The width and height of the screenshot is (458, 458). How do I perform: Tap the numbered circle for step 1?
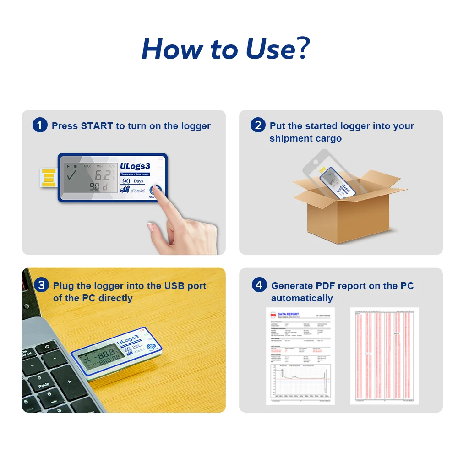[40, 125]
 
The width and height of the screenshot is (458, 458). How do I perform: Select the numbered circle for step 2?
[258, 125]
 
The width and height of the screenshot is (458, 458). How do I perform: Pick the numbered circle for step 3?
[41, 285]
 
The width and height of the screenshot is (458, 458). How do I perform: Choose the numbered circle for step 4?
[259, 285]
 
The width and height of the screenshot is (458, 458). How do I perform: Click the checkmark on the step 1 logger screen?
[72, 175]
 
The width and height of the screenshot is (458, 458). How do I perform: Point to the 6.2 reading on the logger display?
[102, 174]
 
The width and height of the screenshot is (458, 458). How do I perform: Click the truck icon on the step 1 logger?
[124, 189]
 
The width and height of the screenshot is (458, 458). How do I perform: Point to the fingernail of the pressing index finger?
[150, 227]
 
